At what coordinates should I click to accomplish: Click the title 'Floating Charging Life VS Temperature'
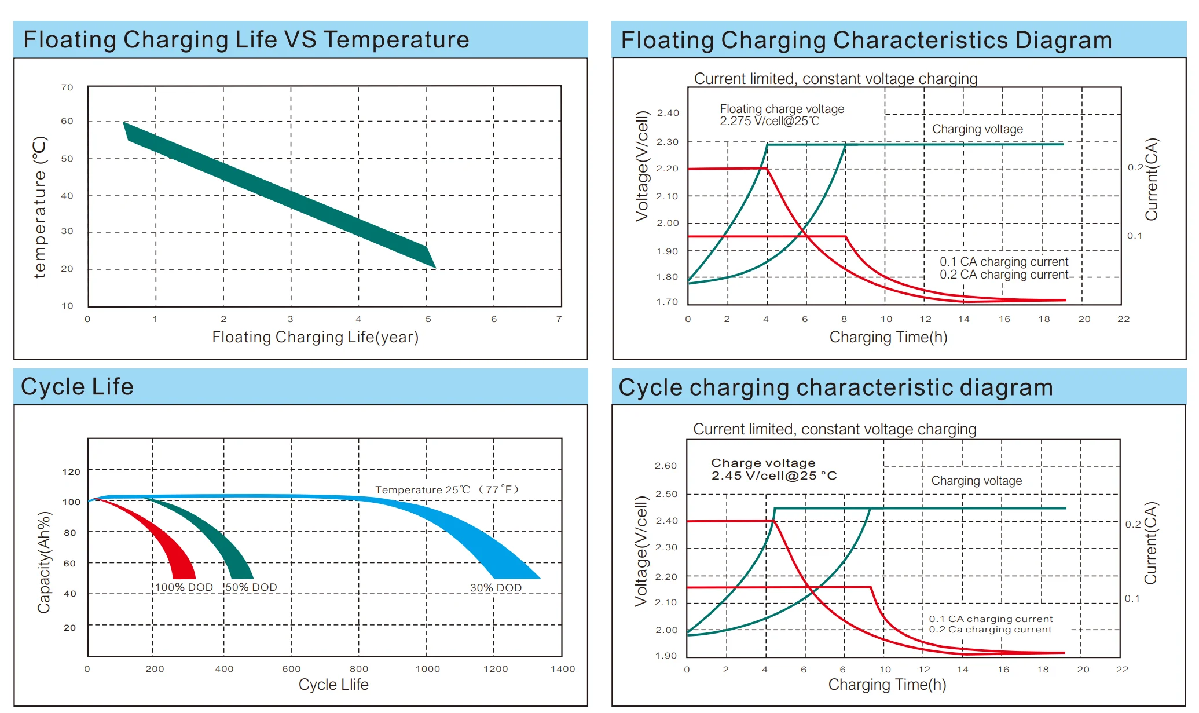tap(246, 40)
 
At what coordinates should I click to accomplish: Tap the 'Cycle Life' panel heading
tap(77, 387)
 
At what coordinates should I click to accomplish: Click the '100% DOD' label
tap(184, 587)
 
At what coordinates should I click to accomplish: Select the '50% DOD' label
tap(251, 587)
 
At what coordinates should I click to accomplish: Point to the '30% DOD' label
tap(496, 588)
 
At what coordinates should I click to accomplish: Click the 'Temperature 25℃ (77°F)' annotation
tap(447, 490)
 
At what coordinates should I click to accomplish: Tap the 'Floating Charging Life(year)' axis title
tap(315, 337)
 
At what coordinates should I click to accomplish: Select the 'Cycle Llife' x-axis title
tap(333, 685)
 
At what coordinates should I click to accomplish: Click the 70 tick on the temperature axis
tap(67, 87)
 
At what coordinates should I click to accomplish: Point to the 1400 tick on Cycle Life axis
tap(563, 669)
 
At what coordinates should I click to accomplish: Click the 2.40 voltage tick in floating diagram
tap(668, 113)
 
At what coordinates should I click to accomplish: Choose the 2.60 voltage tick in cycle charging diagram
tap(666, 466)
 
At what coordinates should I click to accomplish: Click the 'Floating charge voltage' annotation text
tap(782, 109)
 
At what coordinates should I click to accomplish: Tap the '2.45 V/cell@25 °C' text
tap(774, 476)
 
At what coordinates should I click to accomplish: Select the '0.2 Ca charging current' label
tap(990, 630)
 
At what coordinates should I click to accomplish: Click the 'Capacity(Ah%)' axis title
tap(44, 562)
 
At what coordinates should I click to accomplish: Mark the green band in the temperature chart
tap(278, 194)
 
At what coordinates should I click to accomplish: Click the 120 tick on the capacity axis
tap(71, 472)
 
